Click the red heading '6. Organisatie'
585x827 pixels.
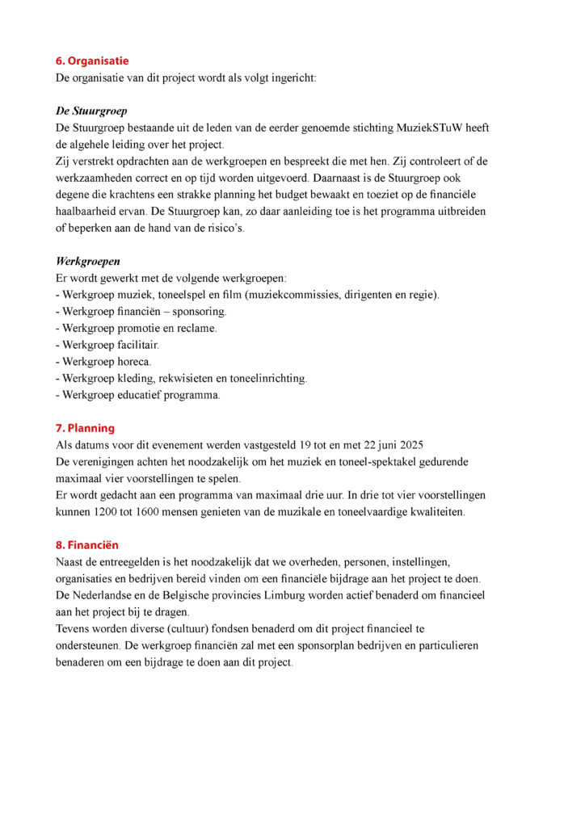pos(91,61)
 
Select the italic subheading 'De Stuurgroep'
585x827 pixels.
pos(91,110)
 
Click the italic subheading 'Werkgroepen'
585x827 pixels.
pos(87,261)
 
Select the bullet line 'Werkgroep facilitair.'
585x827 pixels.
pos(109,345)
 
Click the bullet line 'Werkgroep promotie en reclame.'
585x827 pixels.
pos(136,328)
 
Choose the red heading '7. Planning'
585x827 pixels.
pos(85,428)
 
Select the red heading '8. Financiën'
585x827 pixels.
pos(86,545)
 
